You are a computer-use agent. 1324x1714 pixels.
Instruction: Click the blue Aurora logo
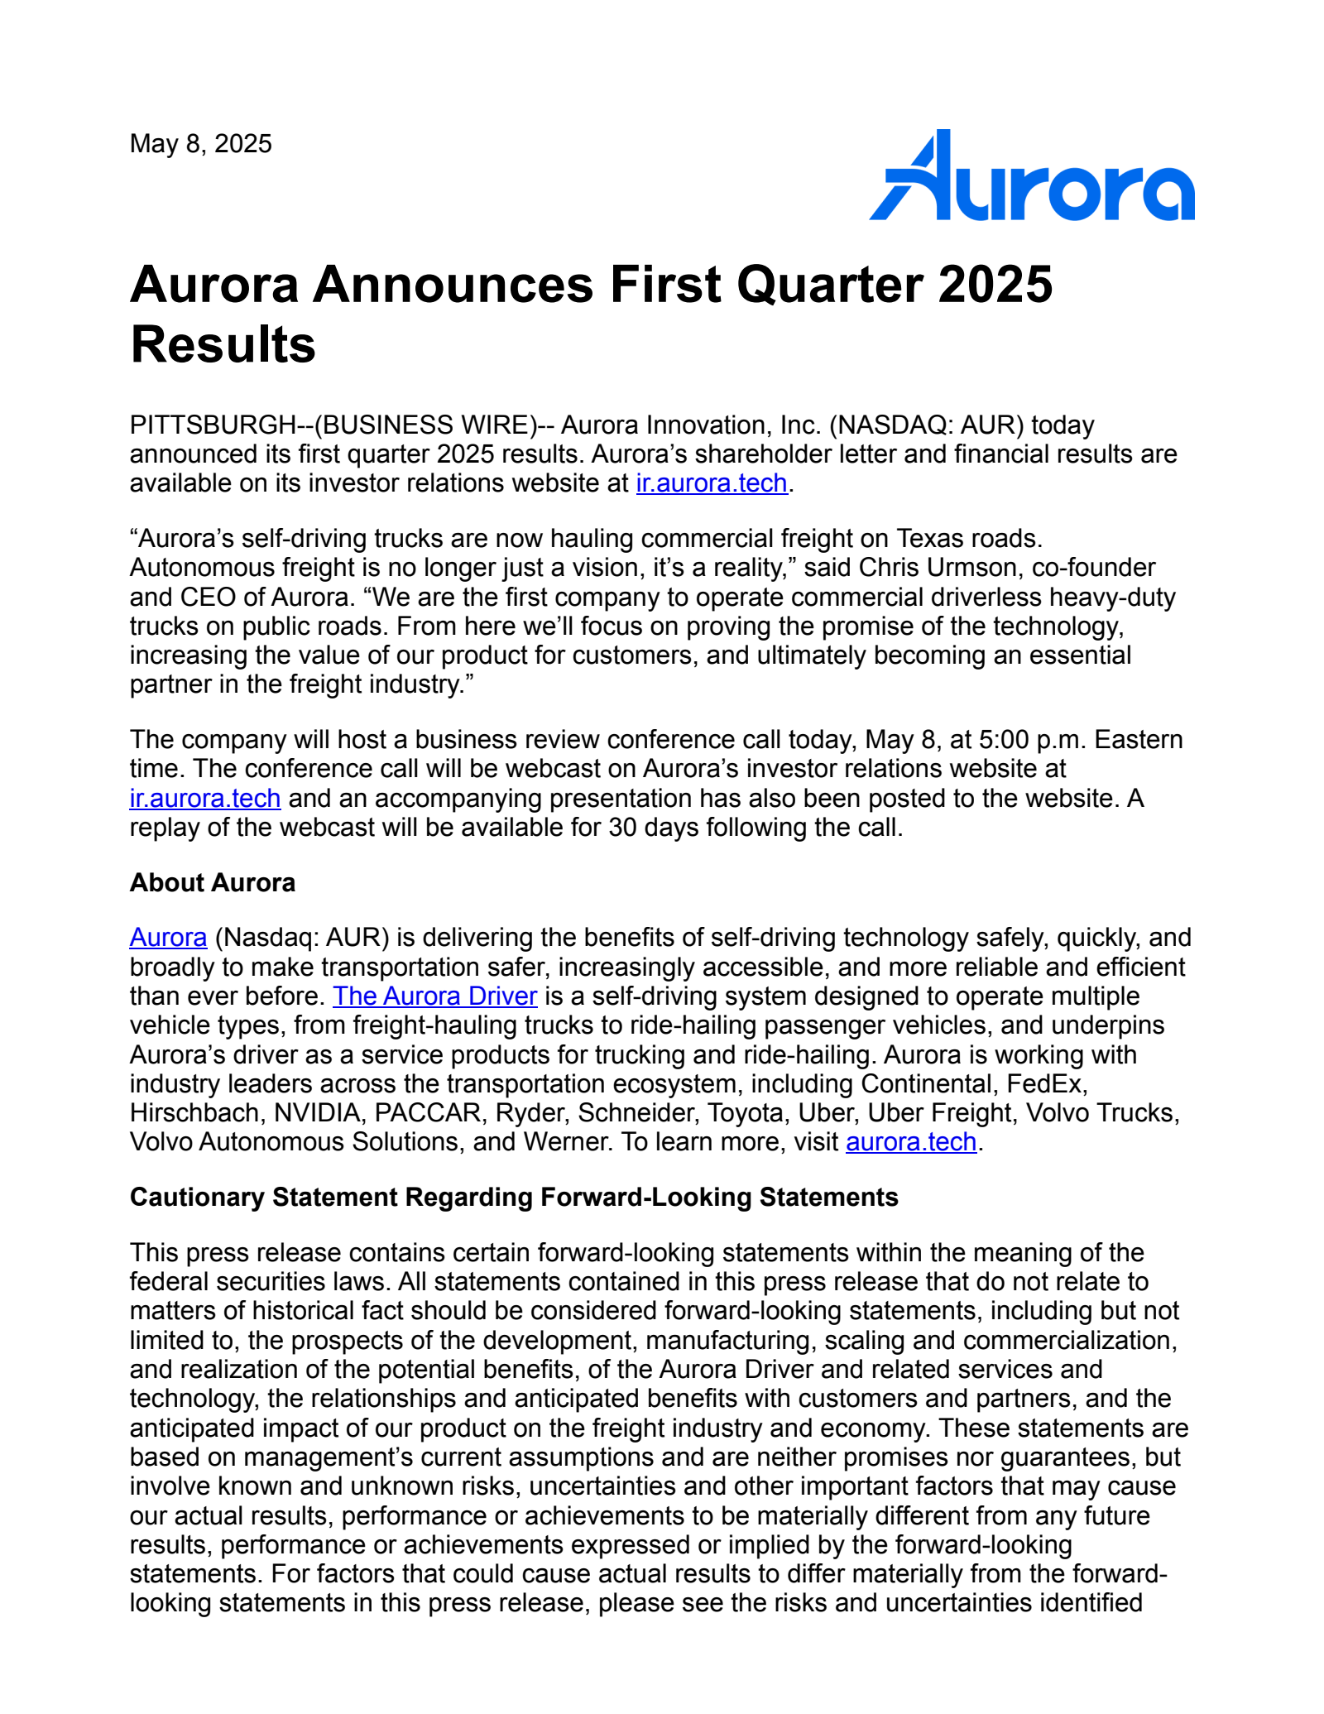pyautogui.click(x=1031, y=176)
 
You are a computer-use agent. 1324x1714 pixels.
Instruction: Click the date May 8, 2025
pyautogui.click(x=200, y=144)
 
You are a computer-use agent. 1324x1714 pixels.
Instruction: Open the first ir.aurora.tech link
pyautogui.click(x=711, y=483)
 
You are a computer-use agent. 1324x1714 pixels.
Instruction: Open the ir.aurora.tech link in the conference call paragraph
pyautogui.click(x=205, y=798)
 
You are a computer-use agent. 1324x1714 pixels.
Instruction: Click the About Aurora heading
pyautogui.click(x=213, y=883)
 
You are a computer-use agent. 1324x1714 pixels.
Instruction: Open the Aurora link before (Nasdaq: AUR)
pyautogui.click(x=168, y=938)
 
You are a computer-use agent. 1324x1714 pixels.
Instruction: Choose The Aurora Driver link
pyautogui.click(x=434, y=996)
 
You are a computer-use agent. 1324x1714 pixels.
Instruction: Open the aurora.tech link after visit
pyautogui.click(x=910, y=1142)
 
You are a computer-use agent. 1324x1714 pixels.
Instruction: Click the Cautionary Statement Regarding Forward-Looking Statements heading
pyautogui.click(x=514, y=1198)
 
